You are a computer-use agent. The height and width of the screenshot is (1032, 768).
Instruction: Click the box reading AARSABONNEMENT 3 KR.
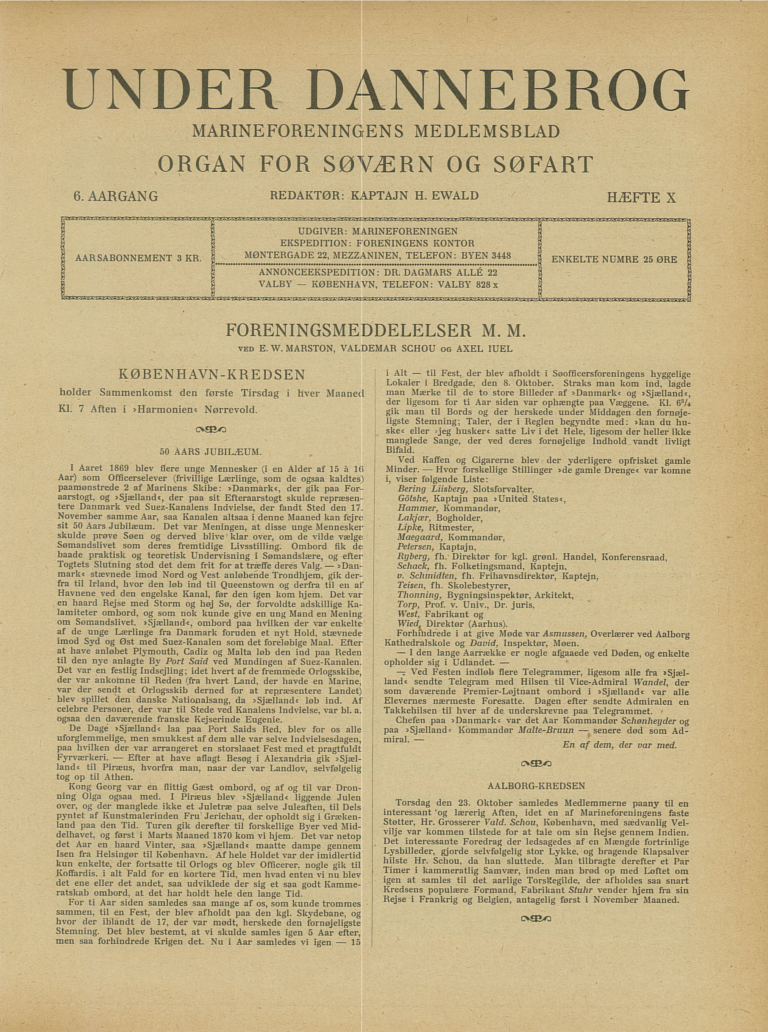[137, 259]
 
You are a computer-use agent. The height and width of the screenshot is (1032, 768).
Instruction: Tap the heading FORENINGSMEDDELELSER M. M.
[376, 332]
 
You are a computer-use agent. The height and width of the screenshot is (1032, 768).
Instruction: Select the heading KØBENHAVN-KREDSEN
[212, 374]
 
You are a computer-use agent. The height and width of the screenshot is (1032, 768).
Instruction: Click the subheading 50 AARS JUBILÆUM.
[211, 452]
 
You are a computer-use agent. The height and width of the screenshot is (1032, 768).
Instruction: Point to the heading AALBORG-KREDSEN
[536, 786]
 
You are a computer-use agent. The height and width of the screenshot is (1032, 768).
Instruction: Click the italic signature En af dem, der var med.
[620, 745]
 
